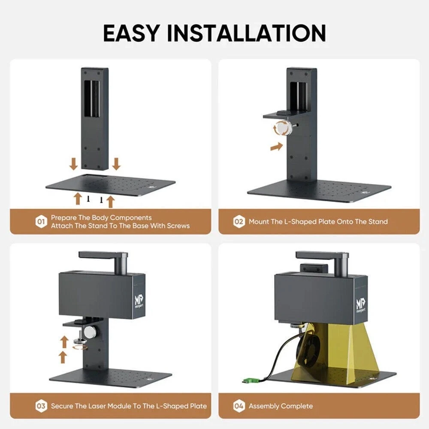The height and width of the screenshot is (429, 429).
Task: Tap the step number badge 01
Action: coord(41,222)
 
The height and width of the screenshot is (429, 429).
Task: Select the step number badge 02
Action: coord(239,222)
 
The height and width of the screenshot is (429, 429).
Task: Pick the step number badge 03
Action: coord(41,405)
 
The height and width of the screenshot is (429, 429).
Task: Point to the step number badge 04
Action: coord(239,405)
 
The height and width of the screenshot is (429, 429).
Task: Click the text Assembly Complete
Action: coord(281,406)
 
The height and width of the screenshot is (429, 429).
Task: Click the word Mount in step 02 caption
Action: coord(260,222)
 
